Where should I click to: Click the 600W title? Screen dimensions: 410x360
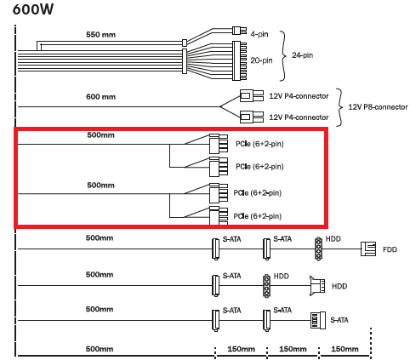pos(33,9)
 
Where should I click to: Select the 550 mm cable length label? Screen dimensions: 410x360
pos(100,35)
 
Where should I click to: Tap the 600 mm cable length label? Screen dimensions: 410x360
pos(100,97)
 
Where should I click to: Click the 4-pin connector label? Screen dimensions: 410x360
pos(259,34)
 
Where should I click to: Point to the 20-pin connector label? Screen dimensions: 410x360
pos(261,60)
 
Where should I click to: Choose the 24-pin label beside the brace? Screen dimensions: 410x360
pos(303,55)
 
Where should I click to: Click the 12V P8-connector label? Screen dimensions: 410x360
pos(378,107)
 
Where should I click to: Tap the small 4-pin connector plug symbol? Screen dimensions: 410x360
pos(239,31)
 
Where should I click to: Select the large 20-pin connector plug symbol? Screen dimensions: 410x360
pos(239,60)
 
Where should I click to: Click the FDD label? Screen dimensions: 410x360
pos(390,249)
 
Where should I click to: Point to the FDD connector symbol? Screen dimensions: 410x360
pos(368,249)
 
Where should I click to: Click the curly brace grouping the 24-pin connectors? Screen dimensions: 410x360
pos(283,56)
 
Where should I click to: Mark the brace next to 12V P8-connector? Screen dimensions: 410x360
pos(339,107)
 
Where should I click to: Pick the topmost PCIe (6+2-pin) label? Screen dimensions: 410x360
pos(259,144)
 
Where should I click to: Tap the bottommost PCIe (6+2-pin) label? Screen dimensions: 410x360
pos(258,216)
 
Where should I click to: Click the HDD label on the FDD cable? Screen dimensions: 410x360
pos(333,239)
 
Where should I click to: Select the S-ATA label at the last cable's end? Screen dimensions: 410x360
pos(339,320)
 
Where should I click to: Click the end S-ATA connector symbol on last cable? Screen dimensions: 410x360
pos(318,320)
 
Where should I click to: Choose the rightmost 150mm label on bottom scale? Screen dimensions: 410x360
pos(345,349)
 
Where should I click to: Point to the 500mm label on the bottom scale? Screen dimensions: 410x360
pos(100,349)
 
